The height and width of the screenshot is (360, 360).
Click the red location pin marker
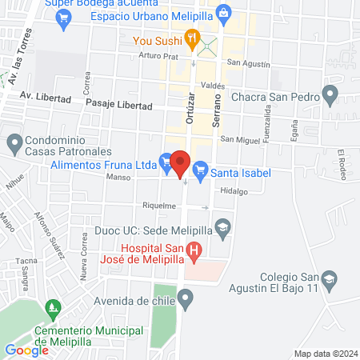[181, 163]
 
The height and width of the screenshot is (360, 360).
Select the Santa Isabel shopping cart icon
[200, 169]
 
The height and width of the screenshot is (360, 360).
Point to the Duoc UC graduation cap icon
[223, 228]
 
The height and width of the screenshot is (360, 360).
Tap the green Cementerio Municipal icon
[54, 307]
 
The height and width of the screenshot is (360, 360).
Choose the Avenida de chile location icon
[186, 301]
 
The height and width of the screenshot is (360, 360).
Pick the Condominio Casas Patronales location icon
[14, 145]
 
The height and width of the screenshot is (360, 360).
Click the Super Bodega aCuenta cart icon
[63, 24]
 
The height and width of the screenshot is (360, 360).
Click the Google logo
[26, 350]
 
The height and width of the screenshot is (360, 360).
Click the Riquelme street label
[158, 206]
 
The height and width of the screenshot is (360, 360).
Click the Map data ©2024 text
[324, 354]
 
